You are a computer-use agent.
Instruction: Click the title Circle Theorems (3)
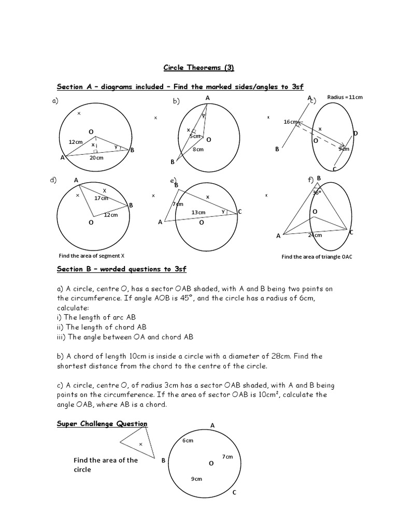tap(199, 67)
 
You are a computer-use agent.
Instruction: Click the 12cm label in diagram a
tap(76, 141)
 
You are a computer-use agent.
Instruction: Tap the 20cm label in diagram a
tap(96, 158)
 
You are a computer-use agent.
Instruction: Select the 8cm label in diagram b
tap(198, 150)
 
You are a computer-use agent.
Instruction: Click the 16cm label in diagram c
tap(290, 122)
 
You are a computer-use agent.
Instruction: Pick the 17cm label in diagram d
tap(101, 198)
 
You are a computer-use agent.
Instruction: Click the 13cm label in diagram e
tap(198, 212)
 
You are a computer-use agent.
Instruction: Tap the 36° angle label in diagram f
tap(317, 192)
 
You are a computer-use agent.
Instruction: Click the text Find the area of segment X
tap(92, 256)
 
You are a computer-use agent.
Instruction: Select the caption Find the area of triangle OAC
tap(317, 257)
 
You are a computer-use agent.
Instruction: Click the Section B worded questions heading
tap(121, 269)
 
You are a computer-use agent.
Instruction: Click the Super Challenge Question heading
tap(102, 424)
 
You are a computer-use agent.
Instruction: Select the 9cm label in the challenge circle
tap(196, 479)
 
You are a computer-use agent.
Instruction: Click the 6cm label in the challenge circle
tap(188, 440)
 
